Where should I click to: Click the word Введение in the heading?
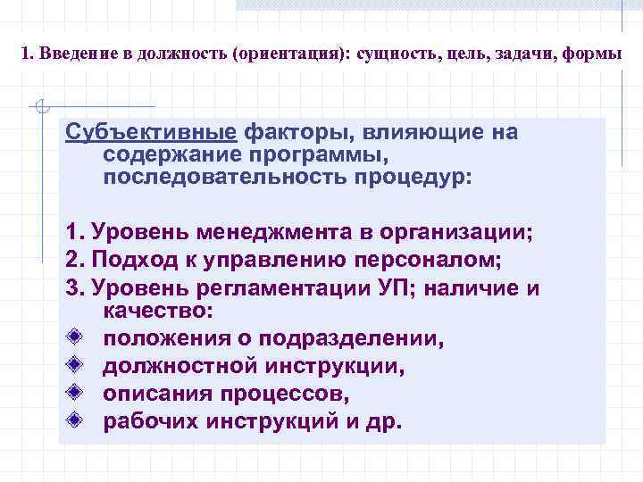click(70, 54)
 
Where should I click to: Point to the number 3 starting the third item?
click(71, 288)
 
